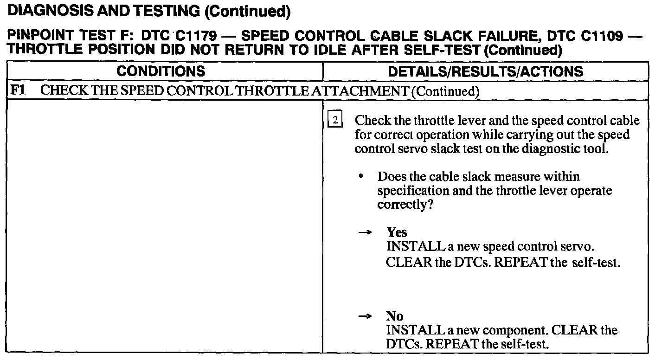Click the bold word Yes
[x=397, y=232]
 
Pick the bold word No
[x=395, y=316]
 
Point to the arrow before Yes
[x=366, y=233]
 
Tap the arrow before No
[x=366, y=316]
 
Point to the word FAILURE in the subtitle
[x=507, y=37]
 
